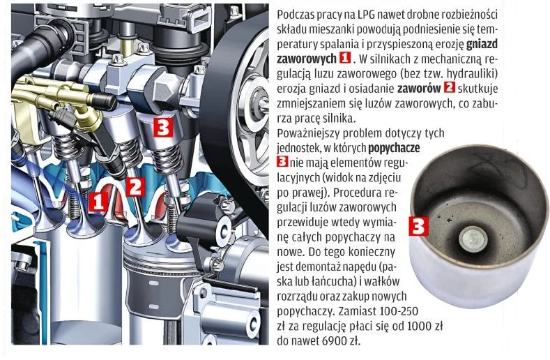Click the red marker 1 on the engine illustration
pos(99,201)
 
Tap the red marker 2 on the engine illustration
pos(135,186)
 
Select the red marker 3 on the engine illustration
pos(162,128)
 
